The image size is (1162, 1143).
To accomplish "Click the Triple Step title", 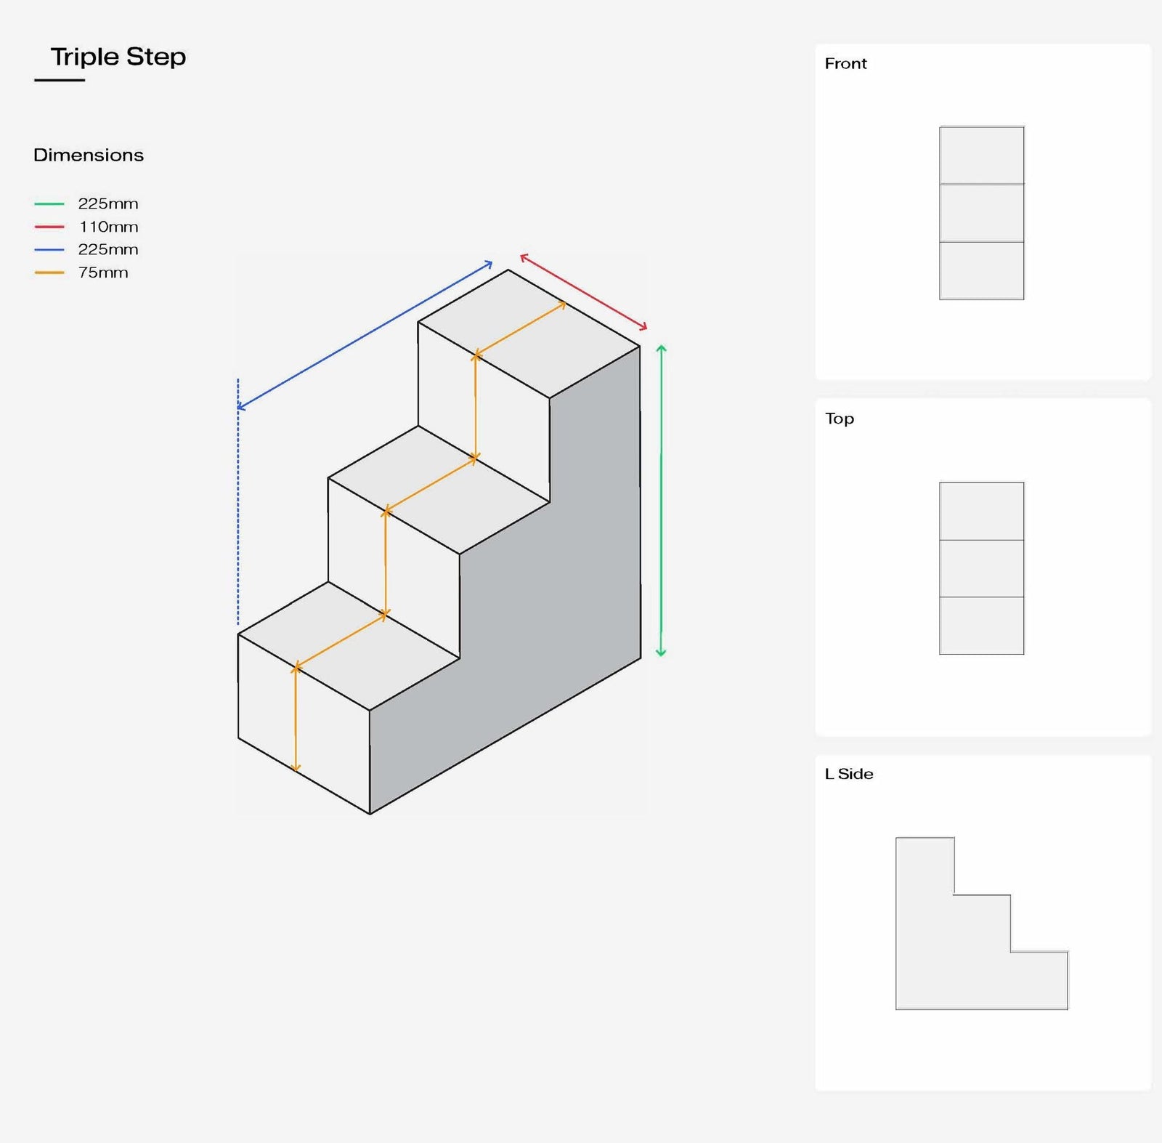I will (x=118, y=57).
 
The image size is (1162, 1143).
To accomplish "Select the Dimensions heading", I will (x=89, y=155).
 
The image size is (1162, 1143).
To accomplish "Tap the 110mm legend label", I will (x=108, y=227).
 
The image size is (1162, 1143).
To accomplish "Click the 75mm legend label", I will (x=103, y=272).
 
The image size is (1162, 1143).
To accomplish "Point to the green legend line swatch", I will (x=49, y=204).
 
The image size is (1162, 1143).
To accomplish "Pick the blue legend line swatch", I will (x=49, y=250).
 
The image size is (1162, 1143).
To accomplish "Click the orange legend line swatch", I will (x=49, y=273).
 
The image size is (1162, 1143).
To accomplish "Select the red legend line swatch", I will (x=49, y=227).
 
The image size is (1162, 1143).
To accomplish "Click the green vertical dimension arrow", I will (x=661, y=501).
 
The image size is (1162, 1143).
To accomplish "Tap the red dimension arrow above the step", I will (x=583, y=292).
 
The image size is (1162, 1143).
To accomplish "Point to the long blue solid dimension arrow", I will (x=365, y=336).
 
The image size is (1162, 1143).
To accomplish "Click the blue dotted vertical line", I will (x=237, y=509).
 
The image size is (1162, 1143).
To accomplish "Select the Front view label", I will (x=845, y=64).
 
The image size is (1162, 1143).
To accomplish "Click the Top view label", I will (x=840, y=419).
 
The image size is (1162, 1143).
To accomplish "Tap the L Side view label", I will (x=849, y=774).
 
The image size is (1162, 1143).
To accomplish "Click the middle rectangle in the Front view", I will (x=981, y=213).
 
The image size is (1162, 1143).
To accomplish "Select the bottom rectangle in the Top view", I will (x=981, y=626).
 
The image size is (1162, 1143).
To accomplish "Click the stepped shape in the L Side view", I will (x=944, y=959).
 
